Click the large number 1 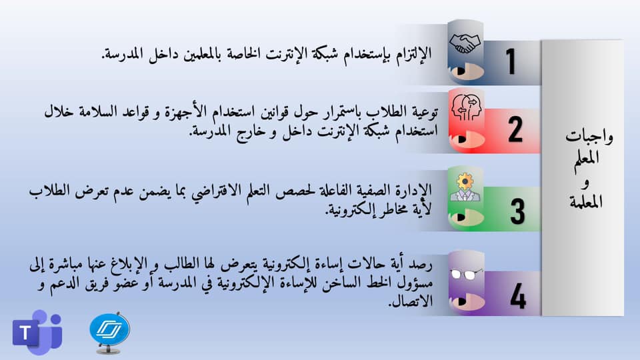point(511,61)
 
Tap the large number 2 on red point(515,129)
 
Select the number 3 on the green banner point(517,211)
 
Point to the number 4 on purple point(518,295)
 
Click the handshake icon point(465,43)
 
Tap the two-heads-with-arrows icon point(467,107)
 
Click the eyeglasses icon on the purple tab point(465,274)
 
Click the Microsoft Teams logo point(37,332)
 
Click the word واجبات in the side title point(589,137)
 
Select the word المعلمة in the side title point(586,201)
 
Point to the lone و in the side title point(586,183)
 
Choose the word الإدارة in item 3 point(413,190)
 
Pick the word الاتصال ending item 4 point(410,301)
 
